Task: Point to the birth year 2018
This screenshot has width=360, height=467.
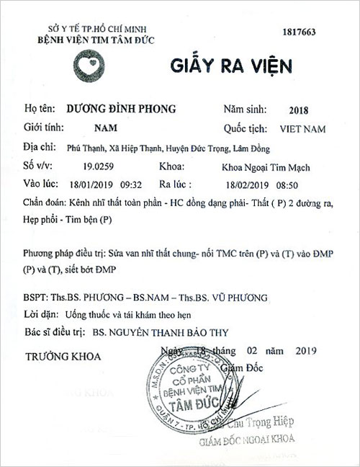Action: pyautogui.click(x=297, y=111)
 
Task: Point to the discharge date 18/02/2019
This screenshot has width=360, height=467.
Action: pyautogui.click(x=256, y=184)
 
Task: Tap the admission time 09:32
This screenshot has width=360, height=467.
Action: pyautogui.click(x=143, y=184)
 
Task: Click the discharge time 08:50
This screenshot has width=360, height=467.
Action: pyautogui.click(x=303, y=184)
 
